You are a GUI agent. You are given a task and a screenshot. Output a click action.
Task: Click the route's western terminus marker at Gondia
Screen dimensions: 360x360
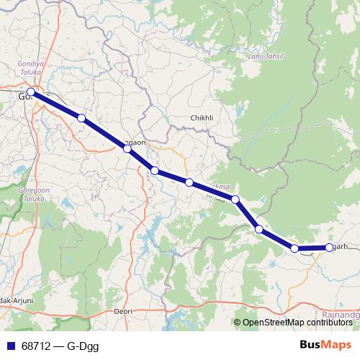click(x=31, y=92)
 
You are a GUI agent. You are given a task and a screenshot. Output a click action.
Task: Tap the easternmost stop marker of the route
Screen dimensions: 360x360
click(x=329, y=247)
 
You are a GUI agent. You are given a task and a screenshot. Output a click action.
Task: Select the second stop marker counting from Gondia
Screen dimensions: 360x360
click(x=81, y=117)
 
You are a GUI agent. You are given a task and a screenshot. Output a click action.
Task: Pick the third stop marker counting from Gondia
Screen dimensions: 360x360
click(x=127, y=148)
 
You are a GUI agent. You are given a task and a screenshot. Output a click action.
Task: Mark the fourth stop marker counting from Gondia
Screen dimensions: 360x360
click(x=155, y=171)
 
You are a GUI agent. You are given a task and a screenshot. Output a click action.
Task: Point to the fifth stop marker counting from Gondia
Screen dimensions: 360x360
click(x=189, y=183)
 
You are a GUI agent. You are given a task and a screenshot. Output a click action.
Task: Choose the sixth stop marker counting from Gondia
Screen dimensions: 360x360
click(x=235, y=199)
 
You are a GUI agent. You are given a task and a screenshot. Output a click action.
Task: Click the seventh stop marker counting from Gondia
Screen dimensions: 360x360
click(x=259, y=230)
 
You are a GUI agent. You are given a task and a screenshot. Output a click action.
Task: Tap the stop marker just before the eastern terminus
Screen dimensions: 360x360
click(x=294, y=248)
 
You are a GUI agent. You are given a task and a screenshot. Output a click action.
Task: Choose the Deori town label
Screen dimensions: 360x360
click(x=124, y=311)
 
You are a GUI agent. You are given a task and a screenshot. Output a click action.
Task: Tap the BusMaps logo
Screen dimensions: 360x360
click(x=322, y=346)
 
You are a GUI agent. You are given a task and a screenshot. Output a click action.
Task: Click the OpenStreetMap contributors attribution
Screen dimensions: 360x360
click(x=296, y=323)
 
